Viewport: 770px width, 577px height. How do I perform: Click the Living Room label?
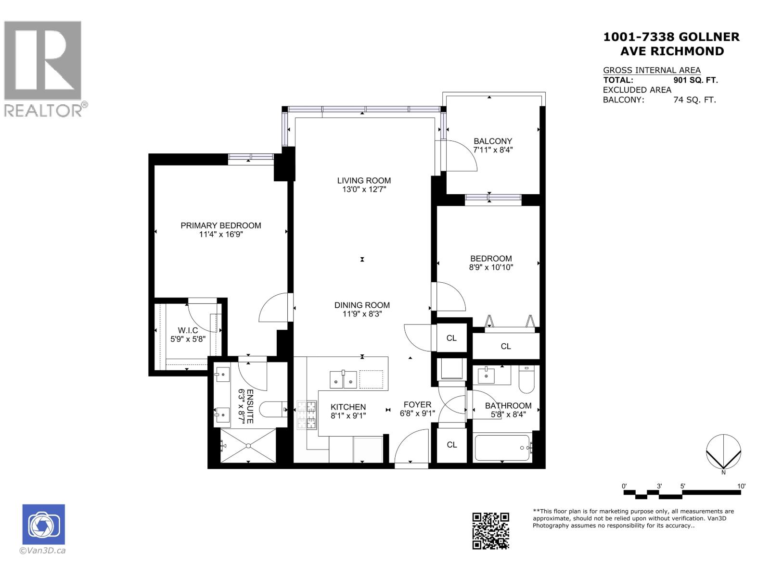point(364,181)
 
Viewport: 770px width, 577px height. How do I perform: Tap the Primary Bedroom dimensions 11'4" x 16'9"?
point(220,235)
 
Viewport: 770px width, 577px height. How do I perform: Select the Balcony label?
point(493,141)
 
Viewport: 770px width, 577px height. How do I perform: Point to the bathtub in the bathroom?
point(501,448)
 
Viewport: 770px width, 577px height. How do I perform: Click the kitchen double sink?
point(343,379)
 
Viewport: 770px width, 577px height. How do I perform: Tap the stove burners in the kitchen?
point(307,414)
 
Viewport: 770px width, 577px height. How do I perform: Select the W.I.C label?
point(188,330)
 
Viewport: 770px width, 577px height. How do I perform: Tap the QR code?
point(490,531)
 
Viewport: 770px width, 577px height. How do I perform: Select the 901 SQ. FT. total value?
point(695,80)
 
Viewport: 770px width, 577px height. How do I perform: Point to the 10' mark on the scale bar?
point(741,486)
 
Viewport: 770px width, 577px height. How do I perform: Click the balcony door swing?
point(460,156)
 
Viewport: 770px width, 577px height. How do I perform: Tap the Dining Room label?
point(362,305)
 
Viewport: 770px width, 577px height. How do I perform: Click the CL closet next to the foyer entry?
point(451,445)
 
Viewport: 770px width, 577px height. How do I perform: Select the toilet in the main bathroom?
point(526,380)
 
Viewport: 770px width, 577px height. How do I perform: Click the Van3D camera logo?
point(43,525)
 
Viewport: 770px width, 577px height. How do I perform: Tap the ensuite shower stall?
point(248,446)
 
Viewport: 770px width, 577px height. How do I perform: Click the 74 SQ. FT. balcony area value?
point(694,100)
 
